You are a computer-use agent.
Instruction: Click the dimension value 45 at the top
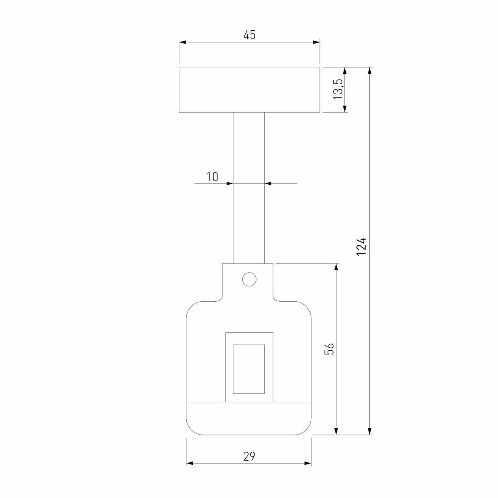tap(249, 35)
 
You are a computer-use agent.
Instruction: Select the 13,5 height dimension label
tap(338, 89)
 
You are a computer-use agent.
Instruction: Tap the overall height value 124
tap(361, 246)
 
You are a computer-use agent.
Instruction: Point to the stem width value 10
tap(212, 177)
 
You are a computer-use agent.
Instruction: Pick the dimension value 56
tap(329, 349)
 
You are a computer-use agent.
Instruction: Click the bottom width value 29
tap(249, 456)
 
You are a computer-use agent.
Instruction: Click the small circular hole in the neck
tap(249, 279)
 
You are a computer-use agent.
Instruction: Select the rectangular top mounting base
tap(249, 90)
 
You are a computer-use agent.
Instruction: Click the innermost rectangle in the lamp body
tap(249, 369)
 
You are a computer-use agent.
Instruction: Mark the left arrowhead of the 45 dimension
tap(183, 42)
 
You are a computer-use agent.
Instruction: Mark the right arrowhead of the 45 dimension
tap(317, 42)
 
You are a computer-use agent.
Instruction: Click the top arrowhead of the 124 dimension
tap(370, 71)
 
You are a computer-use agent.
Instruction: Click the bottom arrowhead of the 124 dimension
tap(370, 431)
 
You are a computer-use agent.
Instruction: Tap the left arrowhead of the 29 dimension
tap(190, 463)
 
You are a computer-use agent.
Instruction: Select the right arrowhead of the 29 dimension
tap(308, 463)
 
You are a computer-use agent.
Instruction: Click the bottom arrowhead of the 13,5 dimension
tap(345, 109)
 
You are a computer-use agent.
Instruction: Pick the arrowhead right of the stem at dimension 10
tap(268, 183)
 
